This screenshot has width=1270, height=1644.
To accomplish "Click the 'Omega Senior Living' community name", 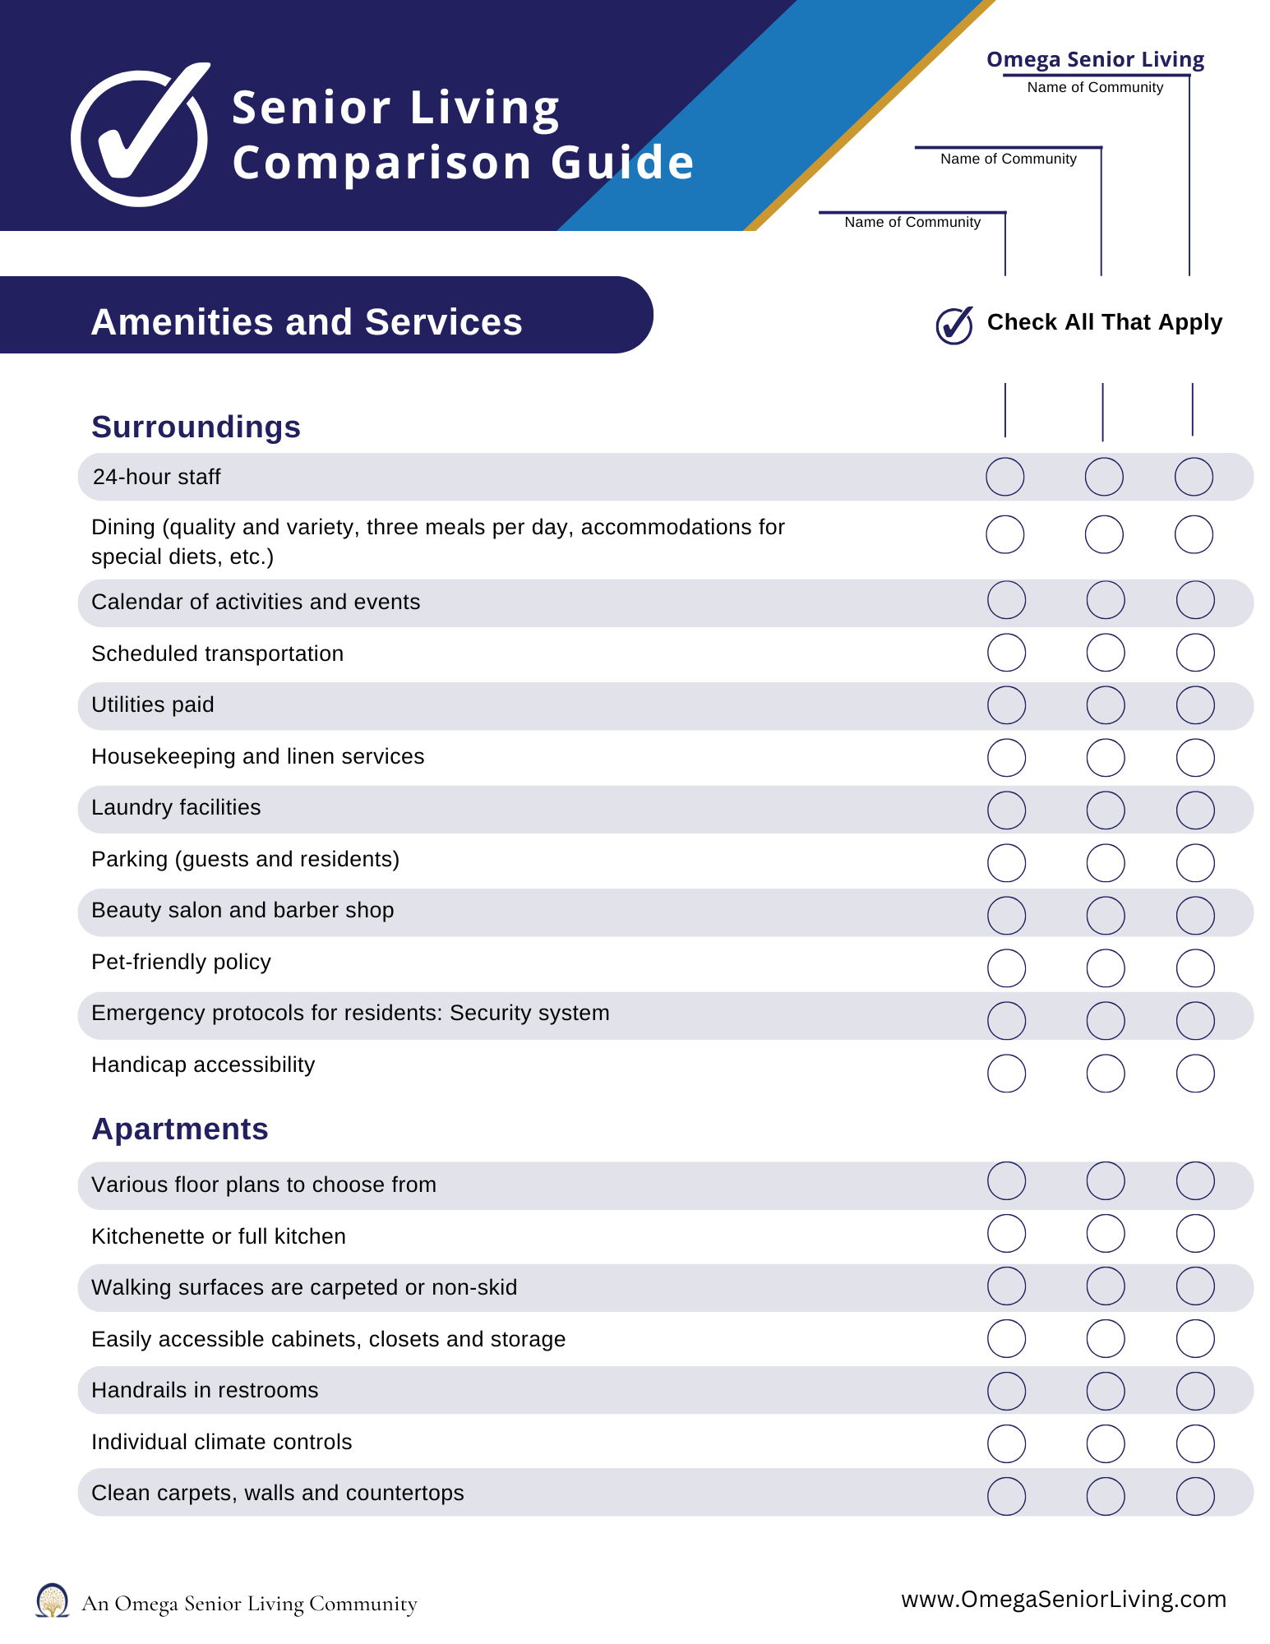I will point(1095,60).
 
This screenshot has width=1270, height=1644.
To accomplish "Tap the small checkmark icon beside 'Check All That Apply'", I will point(954,325).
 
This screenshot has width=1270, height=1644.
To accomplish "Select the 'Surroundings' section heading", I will point(196,427).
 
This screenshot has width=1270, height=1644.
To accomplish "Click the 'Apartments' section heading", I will point(180,1129).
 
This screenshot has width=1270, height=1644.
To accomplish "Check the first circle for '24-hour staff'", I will point(1004,477).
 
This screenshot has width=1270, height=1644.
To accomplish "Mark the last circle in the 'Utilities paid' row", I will point(1194,705).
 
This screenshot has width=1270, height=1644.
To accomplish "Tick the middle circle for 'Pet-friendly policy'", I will point(1105,968).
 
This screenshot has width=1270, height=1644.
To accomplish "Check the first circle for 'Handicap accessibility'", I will point(1006,1074).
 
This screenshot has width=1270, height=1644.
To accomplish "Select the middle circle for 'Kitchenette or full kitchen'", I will point(1105,1234).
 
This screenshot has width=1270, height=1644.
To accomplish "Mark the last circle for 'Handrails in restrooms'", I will point(1194,1392).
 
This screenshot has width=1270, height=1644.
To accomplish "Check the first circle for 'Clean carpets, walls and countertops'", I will point(1006,1496).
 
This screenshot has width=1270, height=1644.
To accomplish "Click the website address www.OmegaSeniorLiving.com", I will point(1064,1599).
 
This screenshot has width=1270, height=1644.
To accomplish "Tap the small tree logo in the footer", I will point(53,1600).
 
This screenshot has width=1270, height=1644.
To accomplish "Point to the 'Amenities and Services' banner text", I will point(307,322).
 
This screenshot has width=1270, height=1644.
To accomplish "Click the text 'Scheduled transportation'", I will point(218,653).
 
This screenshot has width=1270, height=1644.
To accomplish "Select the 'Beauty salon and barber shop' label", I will point(242,910).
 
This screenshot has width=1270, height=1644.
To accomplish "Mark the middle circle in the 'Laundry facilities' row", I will point(1105,810).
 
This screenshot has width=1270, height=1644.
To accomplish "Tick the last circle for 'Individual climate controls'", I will point(1194,1443).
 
